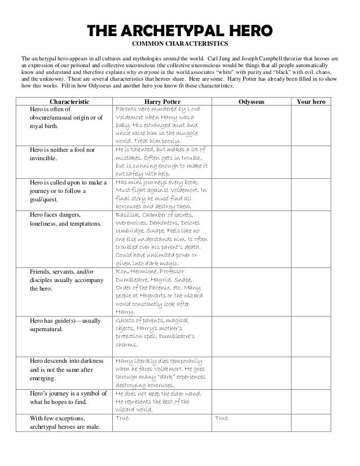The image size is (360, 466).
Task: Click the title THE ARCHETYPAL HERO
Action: point(179,30)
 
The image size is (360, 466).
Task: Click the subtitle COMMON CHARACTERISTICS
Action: point(179,43)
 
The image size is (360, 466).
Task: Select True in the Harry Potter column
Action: point(122,419)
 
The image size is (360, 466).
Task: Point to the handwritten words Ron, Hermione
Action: point(137,271)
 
